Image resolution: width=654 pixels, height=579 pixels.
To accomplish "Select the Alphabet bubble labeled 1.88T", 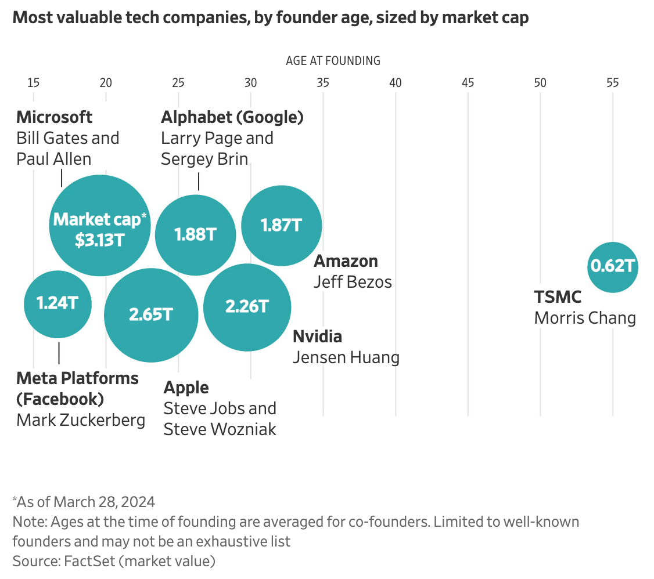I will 195,235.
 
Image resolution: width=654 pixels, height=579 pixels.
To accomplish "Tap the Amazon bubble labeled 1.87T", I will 281,225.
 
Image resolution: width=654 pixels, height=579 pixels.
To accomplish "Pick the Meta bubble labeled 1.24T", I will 58,304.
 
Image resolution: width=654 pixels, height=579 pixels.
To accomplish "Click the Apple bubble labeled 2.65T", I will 151,315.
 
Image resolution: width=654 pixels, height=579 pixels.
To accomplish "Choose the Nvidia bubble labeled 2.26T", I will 247,307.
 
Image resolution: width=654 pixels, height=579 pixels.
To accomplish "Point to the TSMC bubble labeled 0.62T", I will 613,267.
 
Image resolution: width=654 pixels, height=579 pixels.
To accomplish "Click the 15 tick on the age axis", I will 33,83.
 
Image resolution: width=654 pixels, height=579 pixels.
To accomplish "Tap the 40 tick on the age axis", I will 396,83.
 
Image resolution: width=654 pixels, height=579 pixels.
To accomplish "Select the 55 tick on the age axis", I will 613,83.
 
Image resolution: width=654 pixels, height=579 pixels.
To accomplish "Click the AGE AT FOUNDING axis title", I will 333,61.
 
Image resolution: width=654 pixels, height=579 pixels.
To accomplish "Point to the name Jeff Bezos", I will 353,282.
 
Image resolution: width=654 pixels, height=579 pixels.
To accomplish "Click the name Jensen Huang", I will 346,357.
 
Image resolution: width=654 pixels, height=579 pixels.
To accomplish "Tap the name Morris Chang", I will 585,318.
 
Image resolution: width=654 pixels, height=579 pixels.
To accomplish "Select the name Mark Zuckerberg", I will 81,419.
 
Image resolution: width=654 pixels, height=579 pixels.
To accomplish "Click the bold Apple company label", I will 186,388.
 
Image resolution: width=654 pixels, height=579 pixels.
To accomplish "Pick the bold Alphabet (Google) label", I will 232,118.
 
